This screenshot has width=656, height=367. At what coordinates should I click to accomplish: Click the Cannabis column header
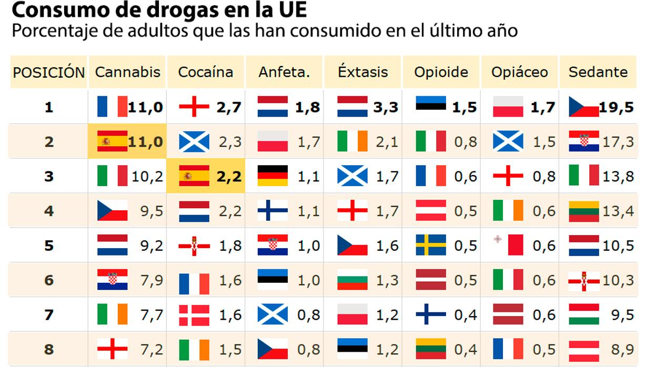click(x=127, y=72)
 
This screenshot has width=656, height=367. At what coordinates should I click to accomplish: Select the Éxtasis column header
click(x=363, y=72)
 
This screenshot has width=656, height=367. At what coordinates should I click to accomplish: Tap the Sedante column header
click(x=598, y=72)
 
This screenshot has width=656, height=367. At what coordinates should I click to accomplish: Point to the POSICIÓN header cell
click(x=49, y=72)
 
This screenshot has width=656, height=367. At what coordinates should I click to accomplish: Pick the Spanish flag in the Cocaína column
click(x=194, y=176)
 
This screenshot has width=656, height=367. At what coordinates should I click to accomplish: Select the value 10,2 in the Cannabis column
click(x=147, y=177)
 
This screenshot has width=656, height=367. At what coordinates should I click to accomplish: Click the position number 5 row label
click(x=49, y=246)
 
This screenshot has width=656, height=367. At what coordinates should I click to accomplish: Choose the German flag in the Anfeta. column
click(x=273, y=176)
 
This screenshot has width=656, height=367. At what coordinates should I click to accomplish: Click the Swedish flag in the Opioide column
click(x=431, y=246)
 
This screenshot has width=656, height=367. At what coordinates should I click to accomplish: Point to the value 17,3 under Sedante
click(x=618, y=142)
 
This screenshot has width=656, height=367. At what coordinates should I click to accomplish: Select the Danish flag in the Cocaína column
click(x=194, y=315)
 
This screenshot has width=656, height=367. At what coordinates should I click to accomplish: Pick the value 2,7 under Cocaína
click(x=229, y=107)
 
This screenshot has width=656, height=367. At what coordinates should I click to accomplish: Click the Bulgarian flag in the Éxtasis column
click(x=352, y=280)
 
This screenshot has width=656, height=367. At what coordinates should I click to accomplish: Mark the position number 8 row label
click(x=49, y=349)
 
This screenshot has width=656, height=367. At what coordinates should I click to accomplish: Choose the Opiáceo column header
click(x=519, y=72)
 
